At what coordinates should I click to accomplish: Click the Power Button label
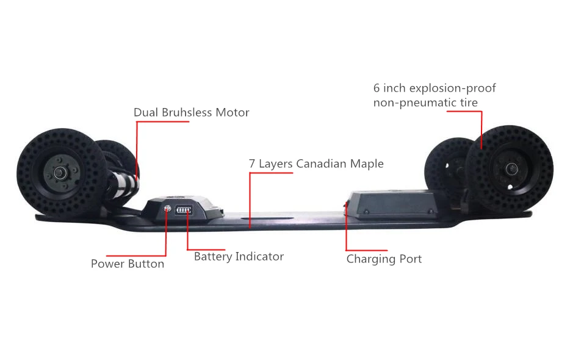point(127,264)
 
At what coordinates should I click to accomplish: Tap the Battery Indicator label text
point(239,256)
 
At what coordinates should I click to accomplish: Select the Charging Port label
point(384,259)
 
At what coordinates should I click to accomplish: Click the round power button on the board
point(167,209)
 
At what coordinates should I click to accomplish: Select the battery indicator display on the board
point(184,211)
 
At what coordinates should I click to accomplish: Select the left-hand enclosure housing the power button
point(183,209)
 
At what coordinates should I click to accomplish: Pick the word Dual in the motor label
point(146,112)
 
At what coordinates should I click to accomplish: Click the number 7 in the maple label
point(252,164)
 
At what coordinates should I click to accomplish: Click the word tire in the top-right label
point(469,103)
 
